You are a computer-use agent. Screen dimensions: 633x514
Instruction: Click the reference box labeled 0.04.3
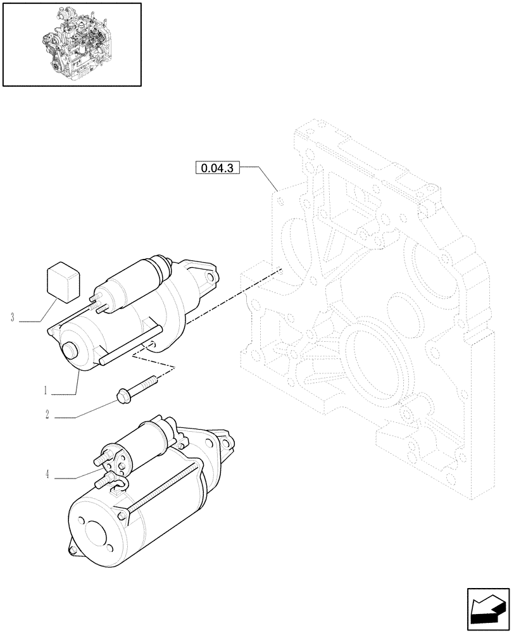217,168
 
